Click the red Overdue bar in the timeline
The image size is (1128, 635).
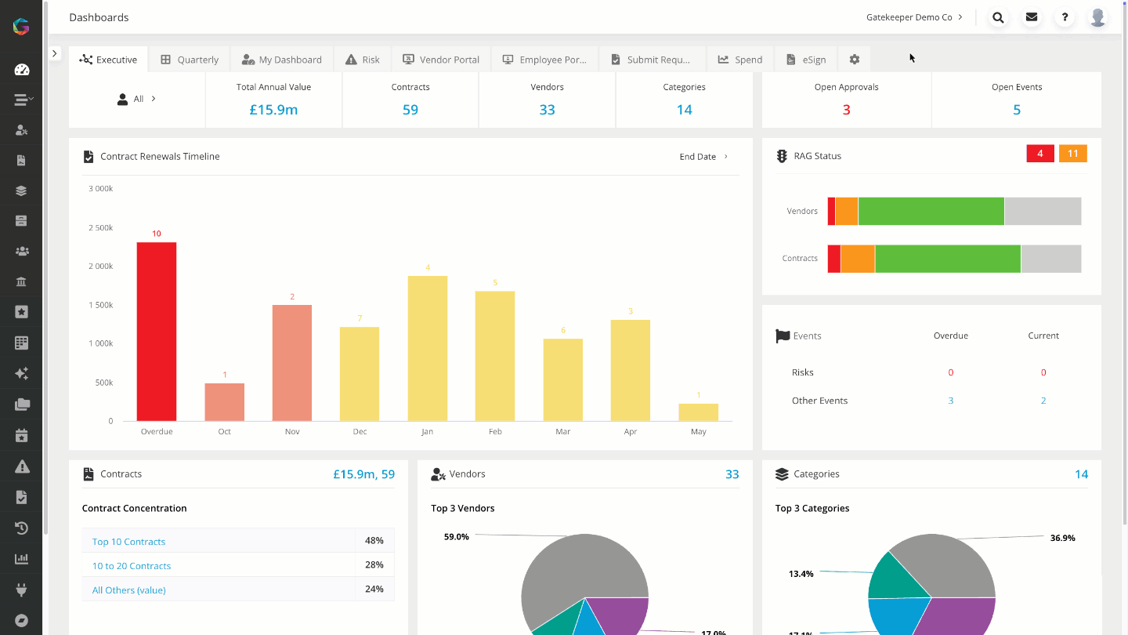157,332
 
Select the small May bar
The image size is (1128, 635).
698,412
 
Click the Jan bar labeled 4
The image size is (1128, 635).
428,348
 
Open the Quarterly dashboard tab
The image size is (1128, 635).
190,60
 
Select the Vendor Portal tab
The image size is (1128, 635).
441,60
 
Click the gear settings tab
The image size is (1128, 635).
854,60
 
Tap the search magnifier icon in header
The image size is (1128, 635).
998,17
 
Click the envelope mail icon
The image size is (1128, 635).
1032,17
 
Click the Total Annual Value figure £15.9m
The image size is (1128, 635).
273,110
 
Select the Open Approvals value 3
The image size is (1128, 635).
846,110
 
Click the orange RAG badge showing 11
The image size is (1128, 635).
1072,154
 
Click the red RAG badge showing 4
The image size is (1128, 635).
1039,154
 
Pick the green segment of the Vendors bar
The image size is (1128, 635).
931,211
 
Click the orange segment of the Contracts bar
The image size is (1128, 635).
858,259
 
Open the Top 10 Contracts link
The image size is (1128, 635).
128,542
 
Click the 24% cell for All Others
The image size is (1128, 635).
374,589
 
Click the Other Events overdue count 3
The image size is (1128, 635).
951,401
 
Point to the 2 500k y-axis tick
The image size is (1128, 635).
100,228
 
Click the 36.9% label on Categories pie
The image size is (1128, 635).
1062,538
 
